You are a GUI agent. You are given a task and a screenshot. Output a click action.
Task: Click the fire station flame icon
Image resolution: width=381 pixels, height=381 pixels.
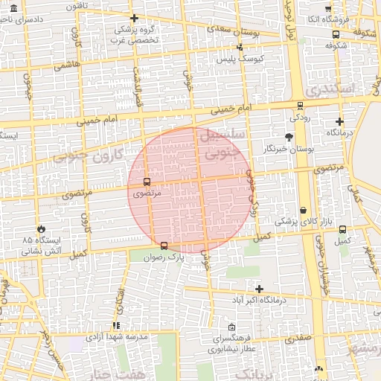click(x=42, y=228)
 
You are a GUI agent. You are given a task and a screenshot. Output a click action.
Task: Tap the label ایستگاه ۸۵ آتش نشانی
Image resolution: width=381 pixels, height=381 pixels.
click(x=42, y=246)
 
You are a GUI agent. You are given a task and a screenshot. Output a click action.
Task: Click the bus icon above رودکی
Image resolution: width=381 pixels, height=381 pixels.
click(x=300, y=106)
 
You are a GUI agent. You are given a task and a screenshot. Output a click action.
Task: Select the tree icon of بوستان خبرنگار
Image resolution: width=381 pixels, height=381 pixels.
click(x=289, y=137)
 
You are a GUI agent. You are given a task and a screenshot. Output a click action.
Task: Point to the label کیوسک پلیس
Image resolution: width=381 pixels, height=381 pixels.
click(x=237, y=57)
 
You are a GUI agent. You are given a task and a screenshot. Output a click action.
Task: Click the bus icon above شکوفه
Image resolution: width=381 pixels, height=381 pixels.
click(x=336, y=33)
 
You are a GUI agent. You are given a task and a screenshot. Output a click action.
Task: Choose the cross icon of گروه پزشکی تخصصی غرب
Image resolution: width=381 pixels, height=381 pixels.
click(x=134, y=18)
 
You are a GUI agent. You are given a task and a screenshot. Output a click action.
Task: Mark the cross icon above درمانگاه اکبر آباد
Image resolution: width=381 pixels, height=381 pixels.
click(x=259, y=289)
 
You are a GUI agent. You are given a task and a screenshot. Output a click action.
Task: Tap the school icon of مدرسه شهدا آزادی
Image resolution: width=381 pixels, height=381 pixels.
click(x=115, y=325)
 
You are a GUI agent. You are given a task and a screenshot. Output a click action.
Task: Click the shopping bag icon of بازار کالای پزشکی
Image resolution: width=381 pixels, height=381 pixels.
click(x=304, y=210)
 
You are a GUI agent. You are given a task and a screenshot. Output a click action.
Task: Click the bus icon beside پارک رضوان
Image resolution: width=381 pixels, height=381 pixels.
click(x=164, y=246)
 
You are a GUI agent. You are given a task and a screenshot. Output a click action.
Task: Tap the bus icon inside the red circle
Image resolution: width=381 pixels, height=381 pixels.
click(x=146, y=181)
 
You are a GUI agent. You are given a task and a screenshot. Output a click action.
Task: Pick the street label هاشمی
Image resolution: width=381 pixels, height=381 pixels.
click(x=67, y=66)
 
